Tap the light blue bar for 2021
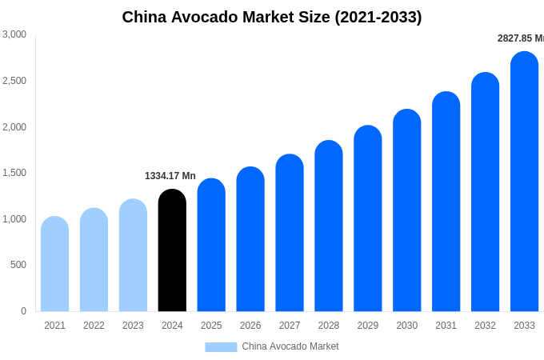coord(54,264)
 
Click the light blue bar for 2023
coord(133,255)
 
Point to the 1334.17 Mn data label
coord(170,176)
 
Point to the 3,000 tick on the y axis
coord(14,34)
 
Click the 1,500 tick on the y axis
coord(14,173)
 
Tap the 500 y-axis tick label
coord(18,265)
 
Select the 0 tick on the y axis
coord(23,311)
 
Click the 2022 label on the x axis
coord(94,326)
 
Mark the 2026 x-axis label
coord(250,326)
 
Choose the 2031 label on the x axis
coord(446,326)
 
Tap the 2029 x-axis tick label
coord(367,326)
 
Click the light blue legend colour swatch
coord(221,347)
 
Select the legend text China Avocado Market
coord(290,346)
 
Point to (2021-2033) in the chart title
coord(377,17)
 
